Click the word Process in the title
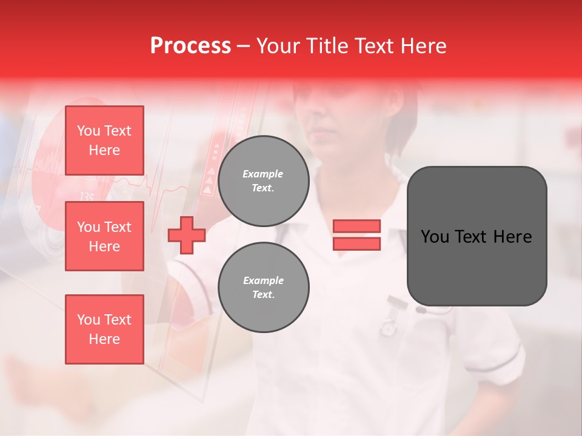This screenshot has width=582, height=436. tap(190, 46)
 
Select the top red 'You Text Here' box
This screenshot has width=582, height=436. tap(104, 140)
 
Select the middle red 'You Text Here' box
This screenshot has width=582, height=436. tap(104, 236)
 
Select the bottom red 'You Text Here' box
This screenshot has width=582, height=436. tap(104, 329)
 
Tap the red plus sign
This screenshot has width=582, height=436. tap(187, 235)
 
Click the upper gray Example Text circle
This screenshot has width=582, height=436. tap(263, 181)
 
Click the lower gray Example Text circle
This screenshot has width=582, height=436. tap(263, 288)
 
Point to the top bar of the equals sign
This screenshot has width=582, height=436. tap(356, 226)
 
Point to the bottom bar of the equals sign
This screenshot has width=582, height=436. tap(356, 243)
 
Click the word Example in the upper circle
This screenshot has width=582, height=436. tap(263, 174)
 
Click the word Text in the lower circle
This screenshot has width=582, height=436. tap(263, 295)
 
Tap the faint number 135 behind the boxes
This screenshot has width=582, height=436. tap(87, 197)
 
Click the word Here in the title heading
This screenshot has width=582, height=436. tap(424, 46)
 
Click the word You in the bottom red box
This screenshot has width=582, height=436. tap(89, 320)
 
